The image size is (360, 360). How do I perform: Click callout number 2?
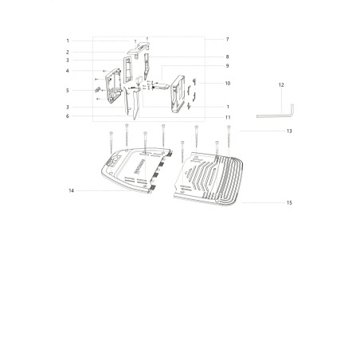coord(68,53)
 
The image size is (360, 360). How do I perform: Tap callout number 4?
coord(68,71)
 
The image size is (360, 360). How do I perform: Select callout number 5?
coord(68,91)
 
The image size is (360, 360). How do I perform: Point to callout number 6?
coord(68,116)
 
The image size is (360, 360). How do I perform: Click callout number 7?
coord(227,39)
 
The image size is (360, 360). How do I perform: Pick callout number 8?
coord(227,57)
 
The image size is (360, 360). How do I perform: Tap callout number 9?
coord(227,66)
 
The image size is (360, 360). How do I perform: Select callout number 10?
coord(228,84)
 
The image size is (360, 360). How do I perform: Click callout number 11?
coord(228,117)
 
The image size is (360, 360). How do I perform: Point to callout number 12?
coord(281,85)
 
